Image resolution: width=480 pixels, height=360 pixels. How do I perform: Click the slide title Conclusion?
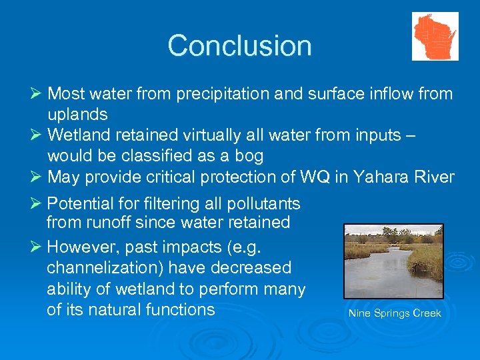coord(239,45)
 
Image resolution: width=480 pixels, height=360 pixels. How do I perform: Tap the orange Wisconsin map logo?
coord(435,36)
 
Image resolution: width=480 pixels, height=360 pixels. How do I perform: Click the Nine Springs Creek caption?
coord(395,313)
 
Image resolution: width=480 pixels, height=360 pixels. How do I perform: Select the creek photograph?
coord(393,261)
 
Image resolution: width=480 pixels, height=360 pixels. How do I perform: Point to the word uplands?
coord(77,115)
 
